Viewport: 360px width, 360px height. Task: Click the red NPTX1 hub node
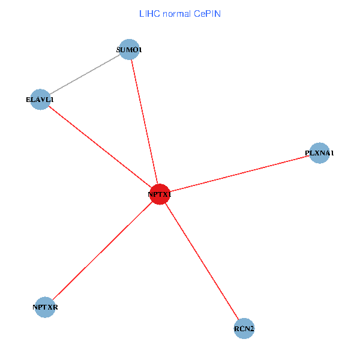[x=160, y=194]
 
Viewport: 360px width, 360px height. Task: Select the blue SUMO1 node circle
[x=129, y=49]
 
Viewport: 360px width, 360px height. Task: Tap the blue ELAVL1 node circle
[x=40, y=100]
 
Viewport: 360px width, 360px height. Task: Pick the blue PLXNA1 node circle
[x=320, y=153]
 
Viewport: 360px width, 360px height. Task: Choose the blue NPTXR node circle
[x=45, y=307]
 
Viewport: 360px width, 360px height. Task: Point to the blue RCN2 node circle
[x=244, y=329]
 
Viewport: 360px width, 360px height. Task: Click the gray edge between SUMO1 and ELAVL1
[x=85, y=74]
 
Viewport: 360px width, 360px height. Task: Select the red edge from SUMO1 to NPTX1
[x=144, y=120]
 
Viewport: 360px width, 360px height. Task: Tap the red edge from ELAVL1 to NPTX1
[x=99, y=146]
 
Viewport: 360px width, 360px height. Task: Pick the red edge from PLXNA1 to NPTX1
[x=240, y=174]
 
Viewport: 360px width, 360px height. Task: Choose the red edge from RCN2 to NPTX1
[x=202, y=262]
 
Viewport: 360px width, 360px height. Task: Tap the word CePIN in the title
[x=208, y=13]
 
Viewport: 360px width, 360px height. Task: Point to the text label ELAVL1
[x=40, y=100]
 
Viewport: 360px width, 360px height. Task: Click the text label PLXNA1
[x=320, y=153]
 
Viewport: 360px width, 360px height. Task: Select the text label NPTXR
[x=45, y=308]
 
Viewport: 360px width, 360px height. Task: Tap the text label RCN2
[x=244, y=329]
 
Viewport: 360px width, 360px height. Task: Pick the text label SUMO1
[x=129, y=50]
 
